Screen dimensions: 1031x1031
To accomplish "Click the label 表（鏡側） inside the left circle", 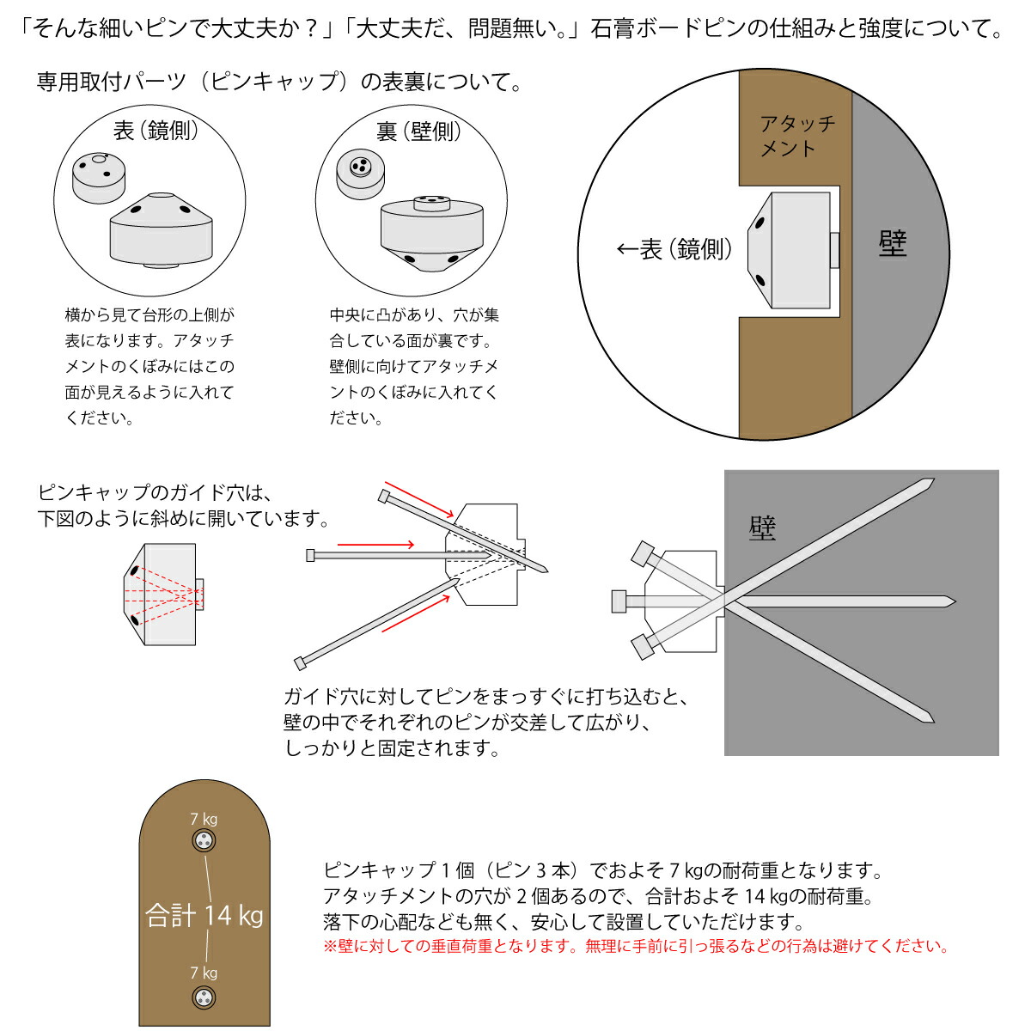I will click(x=156, y=131).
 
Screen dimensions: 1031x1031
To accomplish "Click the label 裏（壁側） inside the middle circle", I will click(x=418, y=131).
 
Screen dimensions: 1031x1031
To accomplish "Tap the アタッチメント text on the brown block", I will click(x=796, y=136).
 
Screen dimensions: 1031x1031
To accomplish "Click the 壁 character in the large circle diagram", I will click(x=893, y=244).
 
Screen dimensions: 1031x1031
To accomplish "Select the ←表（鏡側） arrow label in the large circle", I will click(x=675, y=249).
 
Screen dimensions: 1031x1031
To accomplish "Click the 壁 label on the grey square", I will click(x=762, y=528).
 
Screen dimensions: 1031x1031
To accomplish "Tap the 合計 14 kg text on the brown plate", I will click(x=204, y=915).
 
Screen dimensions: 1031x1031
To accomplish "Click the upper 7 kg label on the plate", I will click(x=204, y=819).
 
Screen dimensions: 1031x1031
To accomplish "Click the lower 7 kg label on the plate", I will click(x=204, y=973).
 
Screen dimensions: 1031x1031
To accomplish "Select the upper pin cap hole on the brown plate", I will click(x=204, y=842).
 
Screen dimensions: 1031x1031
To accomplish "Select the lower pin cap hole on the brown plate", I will click(x=204, y=997).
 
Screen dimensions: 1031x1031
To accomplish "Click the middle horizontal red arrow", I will click(x=375, y=544).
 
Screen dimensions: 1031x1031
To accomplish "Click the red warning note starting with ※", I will click(x=636, y=947).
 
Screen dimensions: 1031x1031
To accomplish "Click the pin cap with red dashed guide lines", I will click(x=163, y=595).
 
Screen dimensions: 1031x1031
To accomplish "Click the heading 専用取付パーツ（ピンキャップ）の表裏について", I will click(x=279, y=82).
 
